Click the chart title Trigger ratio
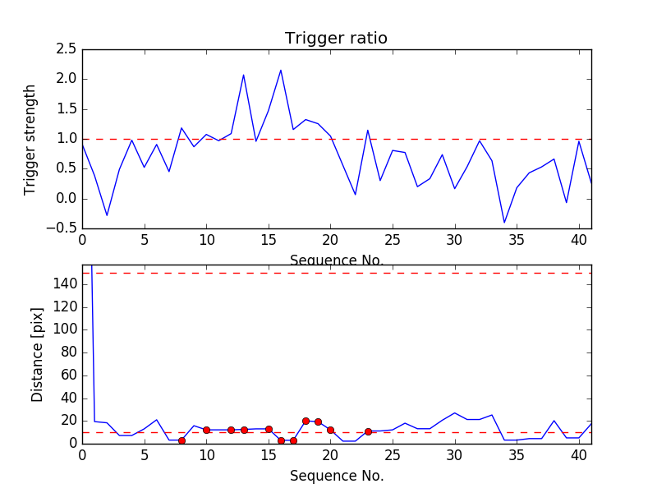point(336,39)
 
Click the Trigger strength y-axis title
point(30,139)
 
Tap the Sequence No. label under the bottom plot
point(336,476)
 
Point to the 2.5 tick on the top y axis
point(67,49)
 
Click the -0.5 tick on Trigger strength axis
point(63,228)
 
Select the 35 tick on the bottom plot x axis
point(517,456)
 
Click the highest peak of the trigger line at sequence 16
point(281,70)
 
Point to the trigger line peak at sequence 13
point(243,75)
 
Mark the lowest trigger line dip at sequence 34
point(504,223)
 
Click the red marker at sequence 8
point(181,440)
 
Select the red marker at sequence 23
point(368,431)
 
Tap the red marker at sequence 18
point(306,421)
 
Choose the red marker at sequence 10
point(206,430)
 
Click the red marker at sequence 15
point(269,429)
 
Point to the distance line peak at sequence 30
point(455,412)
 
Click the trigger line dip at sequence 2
point(107,216)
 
